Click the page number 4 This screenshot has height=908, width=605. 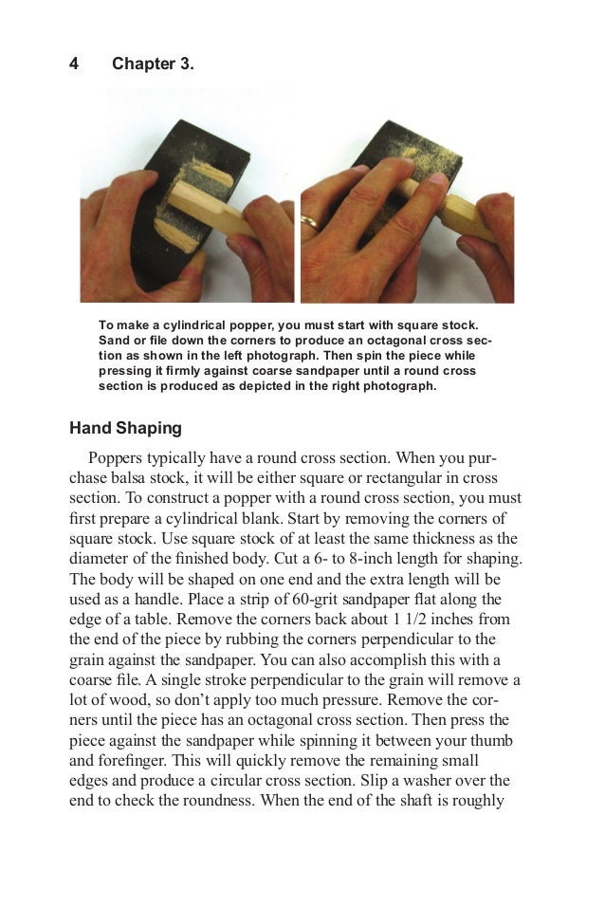pyautogui.click(x=74, y=65)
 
